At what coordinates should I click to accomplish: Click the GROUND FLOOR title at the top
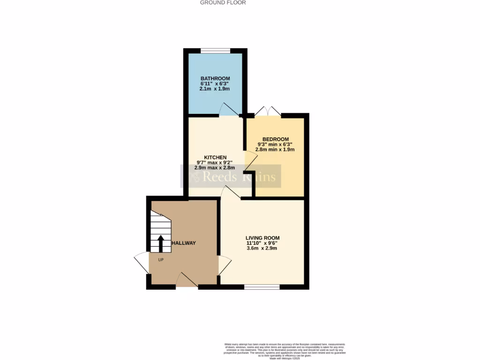pyautogui.click(x=223, y=2)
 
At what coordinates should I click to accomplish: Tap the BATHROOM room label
pyautogui.click(x=215, y=78)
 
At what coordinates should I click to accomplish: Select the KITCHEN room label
pyautogui.click(x=215, y=157)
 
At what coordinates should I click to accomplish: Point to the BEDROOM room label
pyautogui.click(x=275, y=139)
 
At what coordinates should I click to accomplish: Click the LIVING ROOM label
pyautogui.click(x=262, y=238)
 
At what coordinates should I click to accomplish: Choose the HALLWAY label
pyautogui.click(x=183, y=243)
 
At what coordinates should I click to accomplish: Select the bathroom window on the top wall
pyautogui.click(x=215, y=50)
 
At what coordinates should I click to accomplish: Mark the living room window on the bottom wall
pyautogui.click(x=262, y=287)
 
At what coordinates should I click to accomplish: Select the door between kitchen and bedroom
pyautogui.click(x=250, y=162)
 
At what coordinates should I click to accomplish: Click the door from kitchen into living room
pyautogui.click(x=231, y=192)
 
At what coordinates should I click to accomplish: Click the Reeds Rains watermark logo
pyautogui.click(x=231, y=177)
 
